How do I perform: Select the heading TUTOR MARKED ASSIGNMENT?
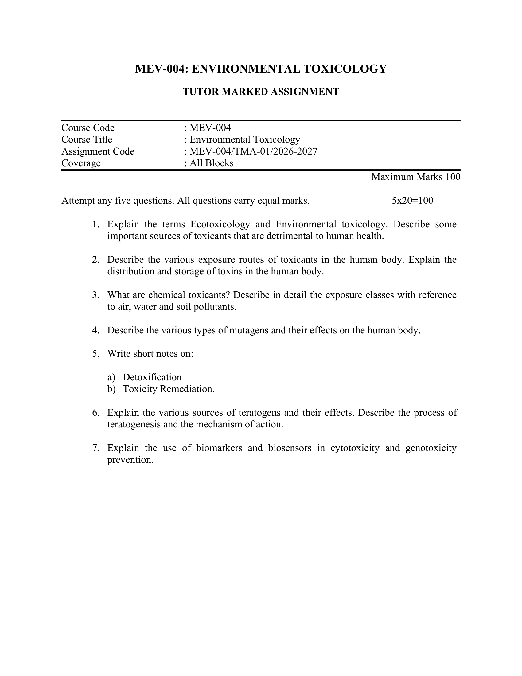[x=261, y=92]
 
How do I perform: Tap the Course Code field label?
[x=88, y=128]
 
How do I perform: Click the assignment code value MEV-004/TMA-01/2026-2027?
[x=253, y=151]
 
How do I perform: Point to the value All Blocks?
[x=212, y=163]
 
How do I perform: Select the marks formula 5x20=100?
[x=412, y=201]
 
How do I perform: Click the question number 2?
[x=95, y=260]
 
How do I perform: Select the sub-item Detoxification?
[x=152, y=377]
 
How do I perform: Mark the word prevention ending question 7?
[x=130, y=460]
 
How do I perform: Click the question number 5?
[x=95, y=354]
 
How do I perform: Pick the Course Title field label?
[x=87, y=140]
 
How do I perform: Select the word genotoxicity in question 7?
[x=431, y=448]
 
